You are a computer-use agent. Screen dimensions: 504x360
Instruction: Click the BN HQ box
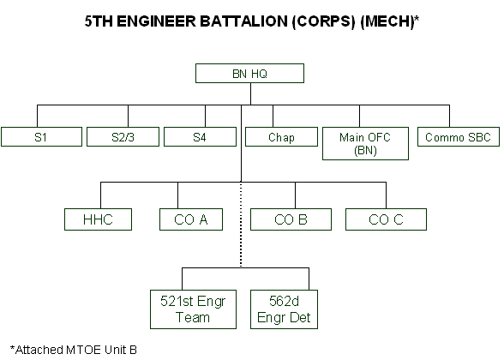(x=249, y=74)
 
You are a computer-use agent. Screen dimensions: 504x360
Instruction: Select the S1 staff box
(x=41, y=136)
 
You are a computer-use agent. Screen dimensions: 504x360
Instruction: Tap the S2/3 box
(x=123, y=136)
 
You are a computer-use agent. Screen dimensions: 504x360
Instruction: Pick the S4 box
(x=200, y=136)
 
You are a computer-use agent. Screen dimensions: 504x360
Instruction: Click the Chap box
(x=281, y=136)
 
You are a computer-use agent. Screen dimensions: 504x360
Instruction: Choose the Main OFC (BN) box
(x=365, y=143)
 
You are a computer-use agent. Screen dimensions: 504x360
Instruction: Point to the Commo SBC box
(x=459, y=136)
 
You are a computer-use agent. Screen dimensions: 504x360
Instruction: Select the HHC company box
(x=98, y=219)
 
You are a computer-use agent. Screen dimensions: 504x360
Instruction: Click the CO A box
(x=191, y=219)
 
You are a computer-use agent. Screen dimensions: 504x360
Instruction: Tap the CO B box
(x=291, y=219)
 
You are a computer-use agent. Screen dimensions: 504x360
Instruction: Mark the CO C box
(x=386, y=219)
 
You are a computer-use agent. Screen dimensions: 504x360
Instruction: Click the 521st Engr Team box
(x=193, y=309)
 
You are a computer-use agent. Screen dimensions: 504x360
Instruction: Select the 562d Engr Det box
(x=285, y=309)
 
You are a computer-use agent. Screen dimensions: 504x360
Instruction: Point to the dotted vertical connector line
(x=241, y=225)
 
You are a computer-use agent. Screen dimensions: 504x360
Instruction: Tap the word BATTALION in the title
(x=244, y=21)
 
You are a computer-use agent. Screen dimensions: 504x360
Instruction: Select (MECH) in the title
(x=387, y=22)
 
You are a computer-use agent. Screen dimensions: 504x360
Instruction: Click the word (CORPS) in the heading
(x=324, y=22)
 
